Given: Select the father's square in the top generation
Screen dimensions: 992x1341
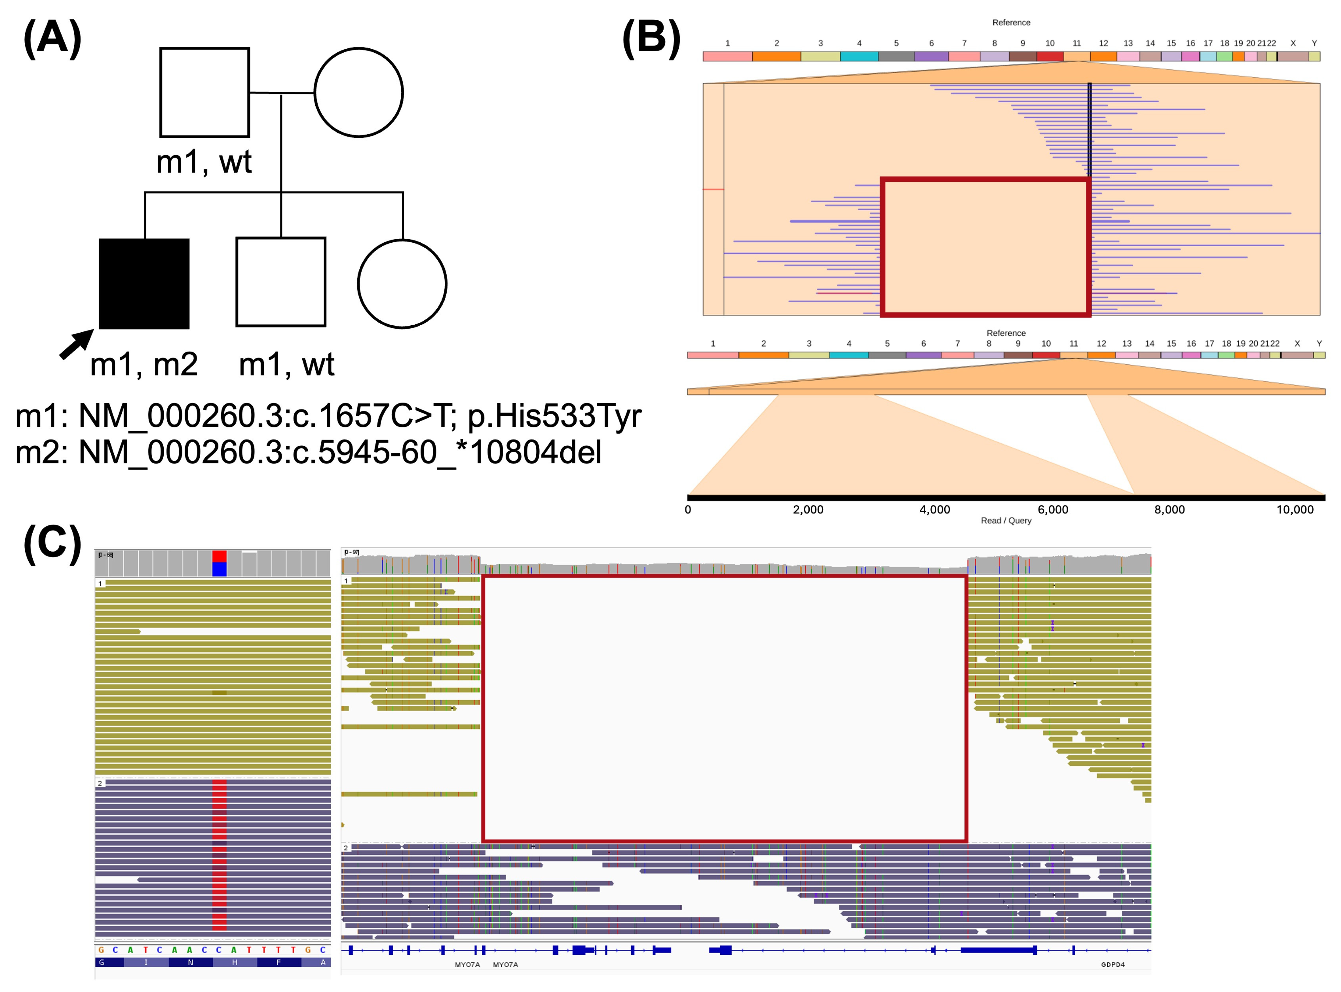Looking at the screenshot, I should point(204,92).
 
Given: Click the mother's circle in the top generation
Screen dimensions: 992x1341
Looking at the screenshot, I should point(358,92).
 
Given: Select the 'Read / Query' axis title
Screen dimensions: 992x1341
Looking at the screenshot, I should point(1006,520).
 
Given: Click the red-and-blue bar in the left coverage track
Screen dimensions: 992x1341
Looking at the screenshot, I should point(219,563).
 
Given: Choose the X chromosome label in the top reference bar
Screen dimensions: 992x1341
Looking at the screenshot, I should point(1293,43).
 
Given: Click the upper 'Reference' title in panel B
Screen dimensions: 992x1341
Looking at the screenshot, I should point(1011,23).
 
